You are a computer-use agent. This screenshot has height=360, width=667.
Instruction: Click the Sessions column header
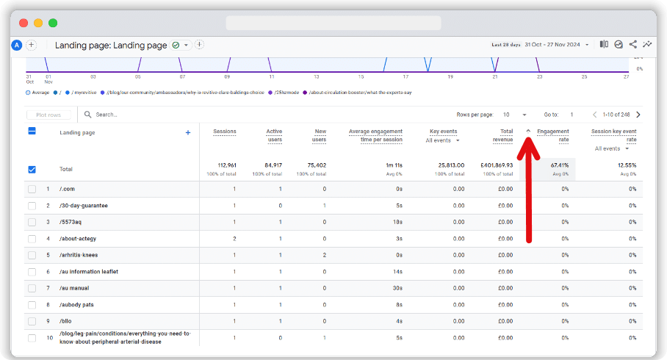pyautogui.click(x=225, y=132)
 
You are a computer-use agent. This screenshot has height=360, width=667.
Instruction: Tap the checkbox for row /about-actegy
pyautogui.click(x=32, y=239)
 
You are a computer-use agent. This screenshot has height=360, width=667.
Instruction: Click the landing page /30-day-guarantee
pyautogui.click(x=84, y=206)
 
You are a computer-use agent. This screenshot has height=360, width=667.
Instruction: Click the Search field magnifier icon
pyautogui.click(x=88, y=115)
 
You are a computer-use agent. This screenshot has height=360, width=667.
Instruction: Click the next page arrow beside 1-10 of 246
pyautogui.click(x=638, y=115)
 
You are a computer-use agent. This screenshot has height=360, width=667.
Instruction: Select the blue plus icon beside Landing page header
pyautogui.click(x=187, y=132)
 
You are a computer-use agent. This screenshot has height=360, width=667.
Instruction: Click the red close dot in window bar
pyautogui.click(x=24, y=23)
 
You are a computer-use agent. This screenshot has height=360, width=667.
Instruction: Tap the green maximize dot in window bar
pyautogui.click(x=53, y=23)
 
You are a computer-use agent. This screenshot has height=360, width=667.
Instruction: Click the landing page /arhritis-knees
pyautogui.click(x=79, y=255)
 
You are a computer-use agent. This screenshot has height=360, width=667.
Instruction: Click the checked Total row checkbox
pyautogui.click(x=32, y=169)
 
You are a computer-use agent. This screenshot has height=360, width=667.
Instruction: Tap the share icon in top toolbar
pyautogui.click(x=632, y=45)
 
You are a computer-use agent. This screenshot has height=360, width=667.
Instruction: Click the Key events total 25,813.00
pyautogui.click(x=443, y=165)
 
